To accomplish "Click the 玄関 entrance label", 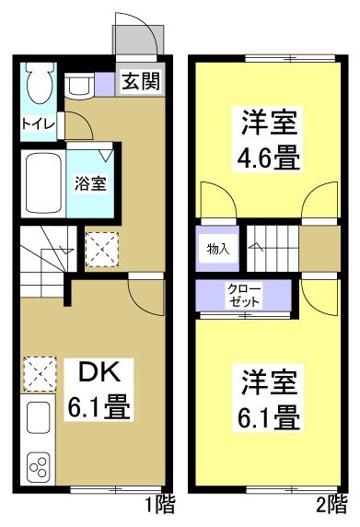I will click(141, 82).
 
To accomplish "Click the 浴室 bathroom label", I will click(90, 182).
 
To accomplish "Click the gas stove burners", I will click(39, 468).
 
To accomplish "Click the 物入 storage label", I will click(217, 248).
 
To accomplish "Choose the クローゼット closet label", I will click(244, 296).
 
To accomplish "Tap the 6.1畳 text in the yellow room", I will click(270, 416).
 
